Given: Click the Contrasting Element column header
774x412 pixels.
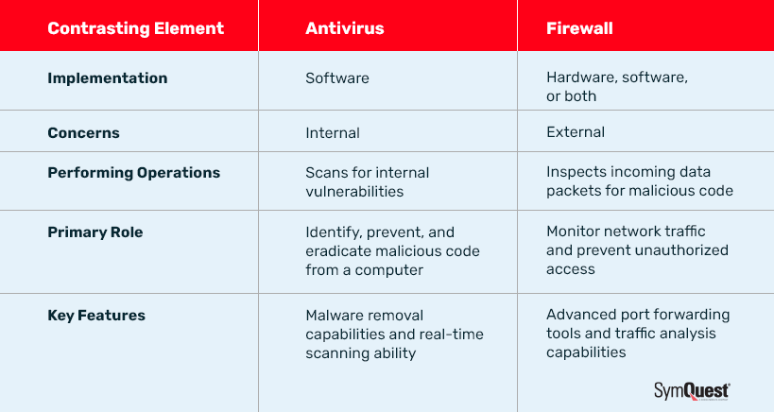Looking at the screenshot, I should point(135,27).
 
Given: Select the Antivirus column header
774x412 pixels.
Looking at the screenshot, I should point(344,27).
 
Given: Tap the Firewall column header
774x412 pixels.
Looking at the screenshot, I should point(579,27).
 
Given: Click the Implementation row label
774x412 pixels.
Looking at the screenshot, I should point(107,78).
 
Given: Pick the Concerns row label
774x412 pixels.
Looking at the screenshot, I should point(83,132).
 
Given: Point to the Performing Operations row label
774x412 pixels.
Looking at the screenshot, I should point(133,173).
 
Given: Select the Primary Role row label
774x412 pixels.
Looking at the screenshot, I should point(95,232).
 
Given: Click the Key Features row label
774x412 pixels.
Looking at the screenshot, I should point(96,316).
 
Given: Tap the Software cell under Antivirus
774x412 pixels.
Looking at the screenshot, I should point(335,78).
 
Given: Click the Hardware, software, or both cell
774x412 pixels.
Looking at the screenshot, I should point(616,87).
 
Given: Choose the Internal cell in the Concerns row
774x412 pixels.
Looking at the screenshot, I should point(332,132).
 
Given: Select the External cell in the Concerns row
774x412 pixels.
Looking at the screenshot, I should point(575,132).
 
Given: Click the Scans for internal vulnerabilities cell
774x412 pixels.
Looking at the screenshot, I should point(367,181).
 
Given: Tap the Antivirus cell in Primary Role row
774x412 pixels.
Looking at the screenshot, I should point(392,250).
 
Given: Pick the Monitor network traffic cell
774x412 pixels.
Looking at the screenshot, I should point(637,249).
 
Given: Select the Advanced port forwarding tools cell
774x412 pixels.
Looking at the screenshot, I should point(638,334).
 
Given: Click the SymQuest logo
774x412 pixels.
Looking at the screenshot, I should point(692,390).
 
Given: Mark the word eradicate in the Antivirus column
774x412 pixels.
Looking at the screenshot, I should point(337,250).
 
